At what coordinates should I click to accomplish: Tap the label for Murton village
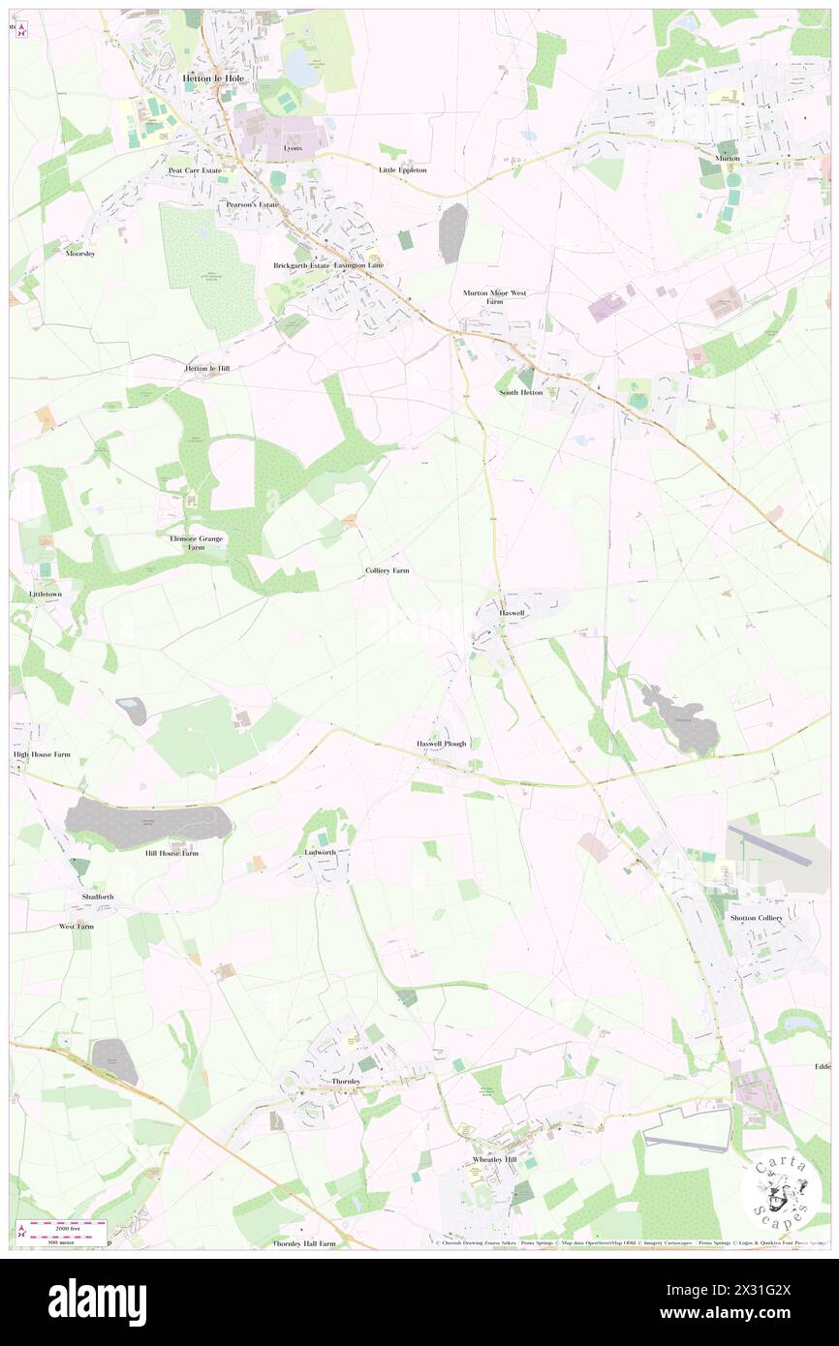coord(728,158)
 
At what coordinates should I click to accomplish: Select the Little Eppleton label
coord(402,169)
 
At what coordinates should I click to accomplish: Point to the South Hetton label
coord(521,392)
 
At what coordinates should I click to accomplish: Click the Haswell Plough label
coord(442,744)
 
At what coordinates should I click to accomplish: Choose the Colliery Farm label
coord(388,571)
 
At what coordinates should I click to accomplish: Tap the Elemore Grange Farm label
coord(197,542)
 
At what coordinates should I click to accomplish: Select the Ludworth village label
coord(320,852)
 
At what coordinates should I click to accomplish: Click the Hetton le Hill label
coord(207,368)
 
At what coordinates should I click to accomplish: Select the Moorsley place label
coord(79,254)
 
